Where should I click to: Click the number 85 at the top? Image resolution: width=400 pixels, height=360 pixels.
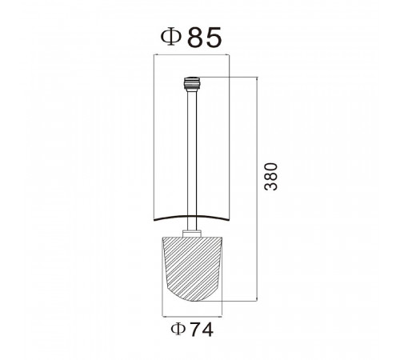205,38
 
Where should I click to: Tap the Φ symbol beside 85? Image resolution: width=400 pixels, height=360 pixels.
171,38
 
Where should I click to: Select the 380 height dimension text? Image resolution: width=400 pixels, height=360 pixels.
270,176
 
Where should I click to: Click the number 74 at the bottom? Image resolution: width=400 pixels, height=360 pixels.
202,330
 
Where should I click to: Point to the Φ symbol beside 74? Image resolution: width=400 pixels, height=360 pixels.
178,330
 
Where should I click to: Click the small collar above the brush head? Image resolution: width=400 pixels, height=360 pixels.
192,234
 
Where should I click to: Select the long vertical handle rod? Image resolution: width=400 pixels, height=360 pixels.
192,160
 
